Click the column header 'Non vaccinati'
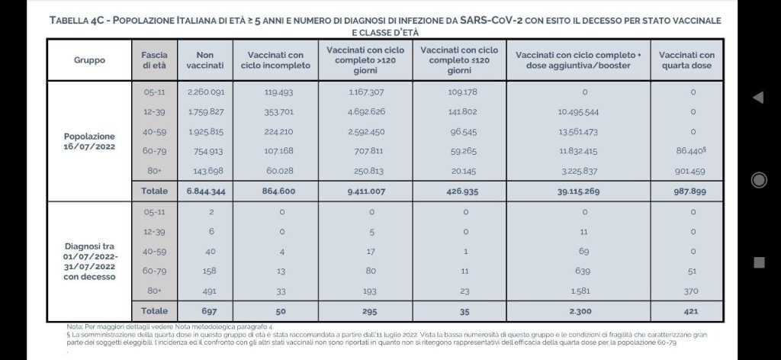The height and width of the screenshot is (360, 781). click(x=204, y=59)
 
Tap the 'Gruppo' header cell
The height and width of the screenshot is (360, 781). click(x=89, y=59)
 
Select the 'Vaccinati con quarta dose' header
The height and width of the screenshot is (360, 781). click(x=686, y=59)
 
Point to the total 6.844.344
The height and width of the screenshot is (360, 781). click(x=204, y=191)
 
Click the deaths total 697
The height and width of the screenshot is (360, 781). click(x=204, y=310)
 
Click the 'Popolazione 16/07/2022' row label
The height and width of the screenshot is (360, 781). click(x=89, y=141)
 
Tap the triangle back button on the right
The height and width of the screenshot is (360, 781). click(x=758, y=98)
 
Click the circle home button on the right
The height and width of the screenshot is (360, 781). click(x=758, y=180)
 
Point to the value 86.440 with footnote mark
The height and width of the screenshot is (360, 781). click(x=688, y=151)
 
